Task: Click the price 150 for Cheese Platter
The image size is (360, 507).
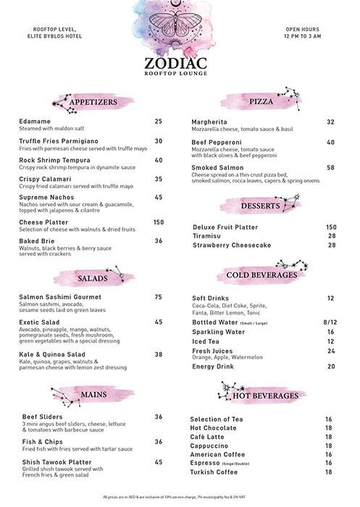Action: tap(159, 222)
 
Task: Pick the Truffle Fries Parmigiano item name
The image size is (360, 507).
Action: tap(64, 141)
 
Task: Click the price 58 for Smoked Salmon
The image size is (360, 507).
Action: tap(330, 167)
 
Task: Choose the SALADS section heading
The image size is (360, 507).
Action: tap(94, 278)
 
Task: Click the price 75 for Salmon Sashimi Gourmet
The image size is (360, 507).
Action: tap(158, 297)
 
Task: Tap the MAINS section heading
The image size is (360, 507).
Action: tap(94, 395)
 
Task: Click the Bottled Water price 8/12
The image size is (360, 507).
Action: tap(330, 322)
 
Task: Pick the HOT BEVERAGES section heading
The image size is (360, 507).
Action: tap(265, 396)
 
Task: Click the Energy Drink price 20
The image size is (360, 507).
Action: tap(330, 366)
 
